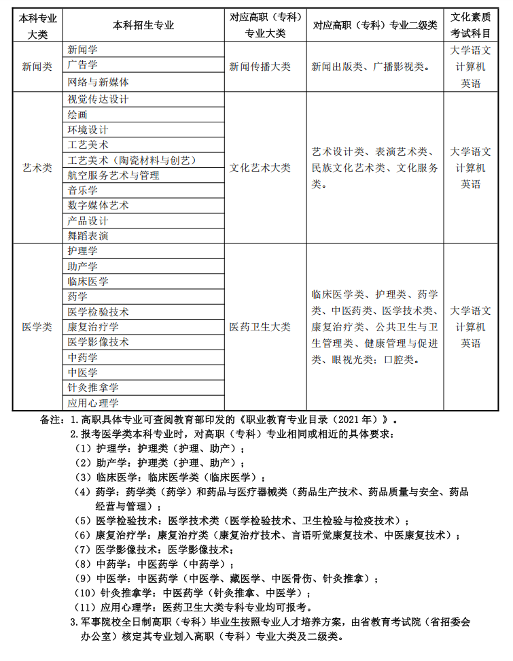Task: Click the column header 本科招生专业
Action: (143, 25)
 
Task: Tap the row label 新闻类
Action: (37, 67)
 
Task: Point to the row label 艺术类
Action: (37, 167)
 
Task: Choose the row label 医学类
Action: (37, 327)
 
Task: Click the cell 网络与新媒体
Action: (99, 82)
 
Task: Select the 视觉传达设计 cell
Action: (99, 99)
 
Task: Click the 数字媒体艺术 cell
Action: (99, 205)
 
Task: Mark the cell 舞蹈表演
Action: (88, 236)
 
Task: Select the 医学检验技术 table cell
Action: (99, 312)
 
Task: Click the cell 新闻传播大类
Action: (260, 67)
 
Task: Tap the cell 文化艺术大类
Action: (260, 167)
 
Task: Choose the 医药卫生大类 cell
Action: (260, 327)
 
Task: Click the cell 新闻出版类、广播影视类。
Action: (370, 67)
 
